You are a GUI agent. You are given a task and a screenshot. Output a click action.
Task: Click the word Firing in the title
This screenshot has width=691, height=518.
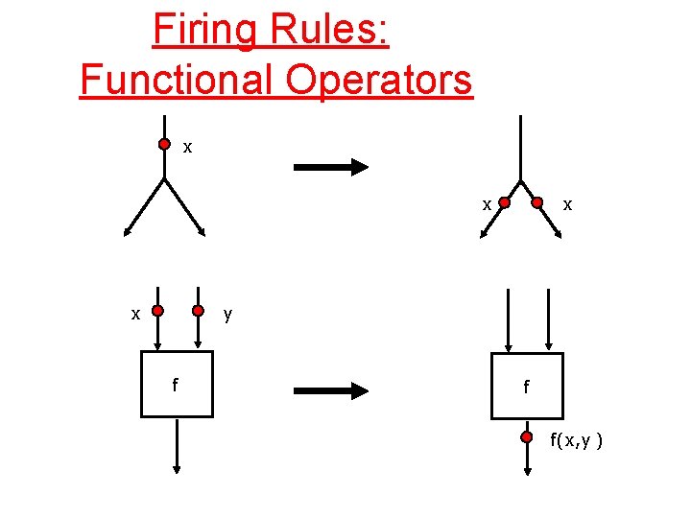(202, 31)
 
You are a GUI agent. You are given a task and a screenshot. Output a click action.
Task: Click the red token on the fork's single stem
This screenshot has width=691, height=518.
(164, 145)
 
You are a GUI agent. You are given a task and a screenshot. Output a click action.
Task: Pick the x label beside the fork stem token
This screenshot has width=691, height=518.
(188, 147)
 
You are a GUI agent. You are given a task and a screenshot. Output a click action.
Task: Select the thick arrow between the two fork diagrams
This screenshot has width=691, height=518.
(331, 167)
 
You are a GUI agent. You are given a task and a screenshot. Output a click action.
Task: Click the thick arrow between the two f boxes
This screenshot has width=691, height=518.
(331, 390)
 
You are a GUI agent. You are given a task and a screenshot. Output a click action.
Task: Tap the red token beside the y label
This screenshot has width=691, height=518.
(198, 311)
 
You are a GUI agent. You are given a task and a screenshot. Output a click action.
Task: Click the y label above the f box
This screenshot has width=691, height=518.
(227, 314)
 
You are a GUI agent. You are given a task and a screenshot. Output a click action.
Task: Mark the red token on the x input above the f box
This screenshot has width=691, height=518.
(157, 311)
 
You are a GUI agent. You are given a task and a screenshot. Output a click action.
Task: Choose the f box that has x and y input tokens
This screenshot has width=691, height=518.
(177, 384)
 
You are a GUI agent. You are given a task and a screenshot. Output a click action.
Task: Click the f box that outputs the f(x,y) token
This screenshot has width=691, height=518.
(527, 386)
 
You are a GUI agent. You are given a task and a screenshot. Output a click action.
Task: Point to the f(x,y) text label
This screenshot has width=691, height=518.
(576, 440)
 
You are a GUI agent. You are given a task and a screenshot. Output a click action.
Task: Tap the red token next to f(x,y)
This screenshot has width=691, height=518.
(527, 437)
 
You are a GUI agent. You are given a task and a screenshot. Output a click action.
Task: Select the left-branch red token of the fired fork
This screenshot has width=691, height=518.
(505, 202)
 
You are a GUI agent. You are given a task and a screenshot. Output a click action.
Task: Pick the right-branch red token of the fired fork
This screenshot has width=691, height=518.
(538, 202)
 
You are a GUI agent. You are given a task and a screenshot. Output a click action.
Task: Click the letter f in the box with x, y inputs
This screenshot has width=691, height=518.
(175, 386)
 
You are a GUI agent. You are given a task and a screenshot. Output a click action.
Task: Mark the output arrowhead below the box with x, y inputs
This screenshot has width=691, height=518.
(177, 469)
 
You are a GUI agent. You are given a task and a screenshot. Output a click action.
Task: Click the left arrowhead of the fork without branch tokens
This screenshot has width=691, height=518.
(128, 231)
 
